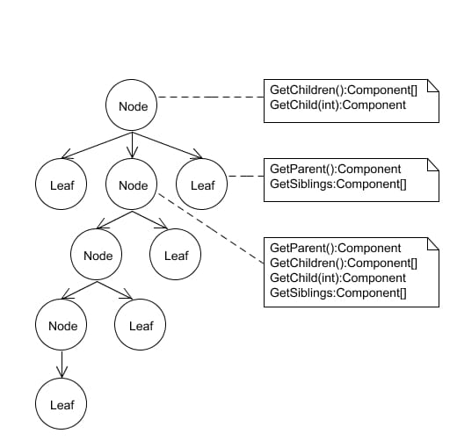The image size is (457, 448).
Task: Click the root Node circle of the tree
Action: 132,106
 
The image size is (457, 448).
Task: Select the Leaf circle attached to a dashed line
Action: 202,184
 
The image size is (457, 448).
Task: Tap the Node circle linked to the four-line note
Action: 132,184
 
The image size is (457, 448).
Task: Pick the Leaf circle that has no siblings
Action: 62,404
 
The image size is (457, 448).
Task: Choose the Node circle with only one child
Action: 62,326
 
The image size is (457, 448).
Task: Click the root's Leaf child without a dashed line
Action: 62,184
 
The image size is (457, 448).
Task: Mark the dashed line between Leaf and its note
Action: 245,177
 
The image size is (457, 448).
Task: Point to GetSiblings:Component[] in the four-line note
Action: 337,292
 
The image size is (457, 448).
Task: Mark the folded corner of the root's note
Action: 432,84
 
